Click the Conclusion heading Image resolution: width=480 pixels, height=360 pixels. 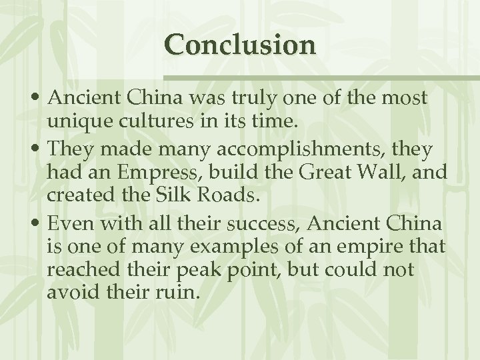tap(241, 45)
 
